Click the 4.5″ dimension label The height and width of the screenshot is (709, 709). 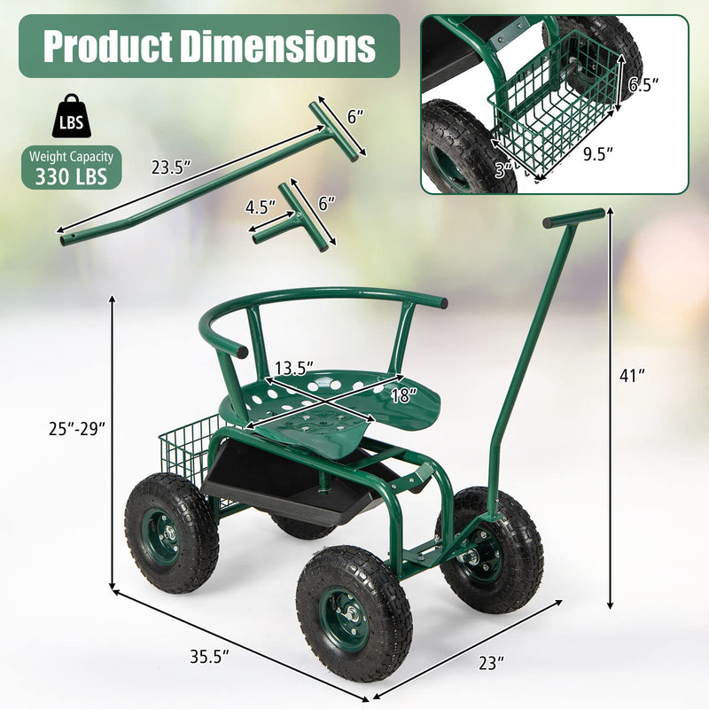pyautogui.click(x=261, y=206)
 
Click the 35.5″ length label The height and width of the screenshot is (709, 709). pyautogui.click(x=210, y=657)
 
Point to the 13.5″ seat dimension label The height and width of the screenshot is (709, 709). pyautogui.click(x=295, y=368)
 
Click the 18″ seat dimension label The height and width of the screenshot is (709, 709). pyautogui.click(x=402, y=396)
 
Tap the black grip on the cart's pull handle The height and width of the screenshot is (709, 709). pyautogui.click(x=574, y=216)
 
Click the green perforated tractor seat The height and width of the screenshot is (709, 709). pyautogui.click(x=337, y=403)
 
